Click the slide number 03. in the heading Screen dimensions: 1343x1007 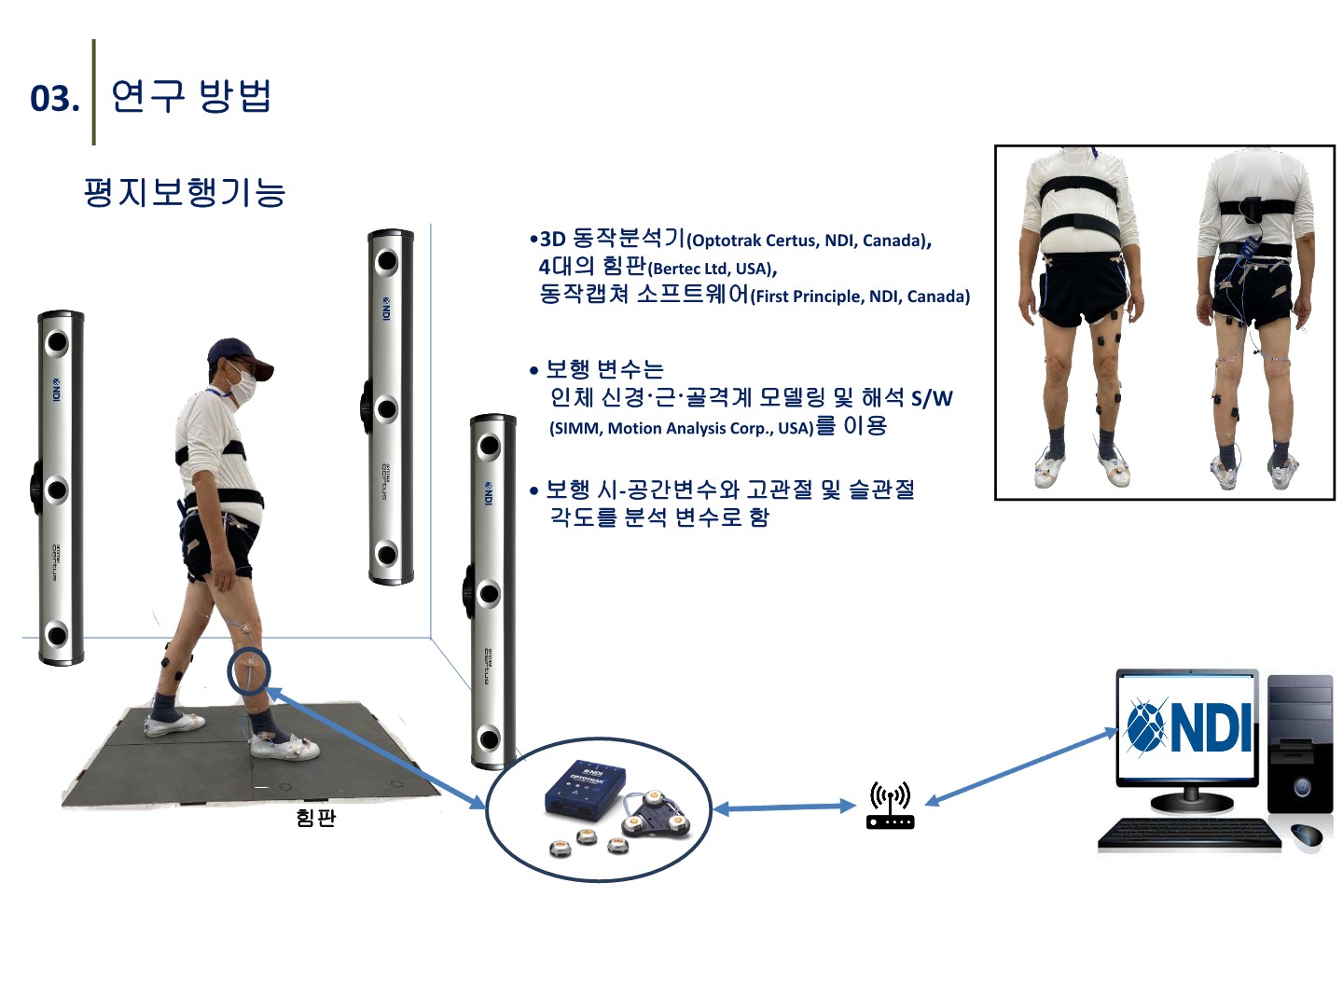point(54,98)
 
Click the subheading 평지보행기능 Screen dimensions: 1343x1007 point(184,193)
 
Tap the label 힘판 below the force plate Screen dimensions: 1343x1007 point(315,818)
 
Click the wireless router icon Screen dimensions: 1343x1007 point(891,806)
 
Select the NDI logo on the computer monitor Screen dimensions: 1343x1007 point(1189,727)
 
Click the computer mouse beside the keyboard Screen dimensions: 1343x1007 point(1308,835)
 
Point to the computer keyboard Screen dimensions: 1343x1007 point(1189,834)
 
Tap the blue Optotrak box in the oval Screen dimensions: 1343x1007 point(585,793)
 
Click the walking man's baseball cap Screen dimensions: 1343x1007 point(238,356)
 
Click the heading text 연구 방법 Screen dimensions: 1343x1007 point(191,96)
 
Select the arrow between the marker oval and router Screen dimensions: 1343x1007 point(785,808)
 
